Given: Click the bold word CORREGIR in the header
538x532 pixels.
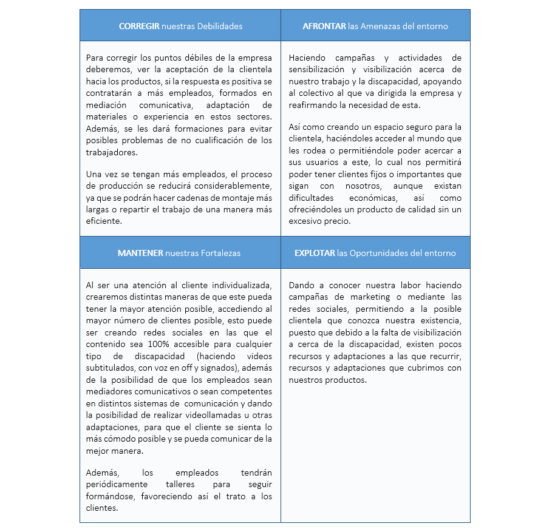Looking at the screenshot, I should pos(139,26).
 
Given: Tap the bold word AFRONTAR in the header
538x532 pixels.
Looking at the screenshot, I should pos(324,26).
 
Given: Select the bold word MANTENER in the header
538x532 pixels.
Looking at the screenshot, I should pos(140,253).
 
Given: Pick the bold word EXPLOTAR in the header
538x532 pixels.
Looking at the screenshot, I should pos(315,253).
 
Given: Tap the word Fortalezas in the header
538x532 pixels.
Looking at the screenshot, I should pos(221,253).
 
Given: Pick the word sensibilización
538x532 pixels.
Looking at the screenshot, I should pos(318,69).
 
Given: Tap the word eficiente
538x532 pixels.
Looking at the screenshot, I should pos(104,221).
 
